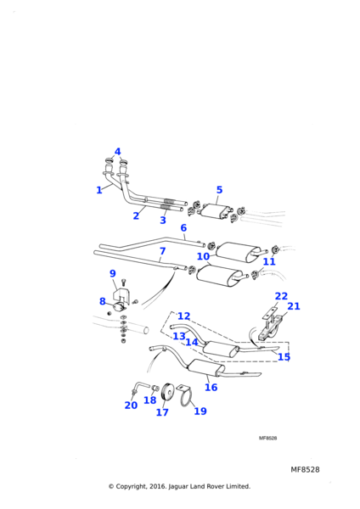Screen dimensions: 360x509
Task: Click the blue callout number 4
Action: (x=118, y=152)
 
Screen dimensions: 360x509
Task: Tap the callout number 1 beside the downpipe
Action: (x=99, y=190)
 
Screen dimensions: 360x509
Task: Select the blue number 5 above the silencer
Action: (x=219, y=189)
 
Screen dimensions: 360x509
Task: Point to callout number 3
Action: (x=163, y=220)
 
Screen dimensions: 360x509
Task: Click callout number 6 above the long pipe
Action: (x=183, y=227)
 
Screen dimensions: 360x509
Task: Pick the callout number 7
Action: (x=162, y=251)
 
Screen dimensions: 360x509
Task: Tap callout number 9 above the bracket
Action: (x=112, y=273)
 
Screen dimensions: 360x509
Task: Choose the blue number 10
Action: (x=203, y=256)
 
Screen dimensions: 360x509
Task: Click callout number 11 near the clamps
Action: (x=269, y=261)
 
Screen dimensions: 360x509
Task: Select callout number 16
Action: (x=211, y=387)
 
